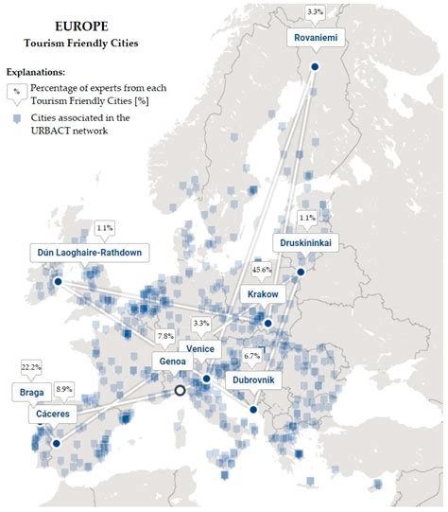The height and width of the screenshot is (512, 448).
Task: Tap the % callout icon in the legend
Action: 15,93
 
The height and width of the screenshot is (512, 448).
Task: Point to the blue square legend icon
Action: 15,119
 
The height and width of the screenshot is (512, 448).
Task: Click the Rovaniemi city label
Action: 316,39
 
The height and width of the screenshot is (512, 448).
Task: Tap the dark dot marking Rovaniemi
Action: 315,66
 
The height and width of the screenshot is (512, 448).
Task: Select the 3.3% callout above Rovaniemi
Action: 316,11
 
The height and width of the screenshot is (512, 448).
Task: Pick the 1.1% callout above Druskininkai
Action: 306,218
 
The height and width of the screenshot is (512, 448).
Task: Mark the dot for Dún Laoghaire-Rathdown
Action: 58,281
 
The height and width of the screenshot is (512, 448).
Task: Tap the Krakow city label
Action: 263,295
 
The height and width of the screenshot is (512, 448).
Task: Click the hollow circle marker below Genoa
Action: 180,390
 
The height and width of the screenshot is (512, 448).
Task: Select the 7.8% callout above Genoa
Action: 165,336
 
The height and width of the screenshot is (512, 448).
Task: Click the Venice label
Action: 200,349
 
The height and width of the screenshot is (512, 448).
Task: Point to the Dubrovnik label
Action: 252,380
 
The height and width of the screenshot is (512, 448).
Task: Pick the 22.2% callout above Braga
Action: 30,366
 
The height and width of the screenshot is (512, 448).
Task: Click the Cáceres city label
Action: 40,415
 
